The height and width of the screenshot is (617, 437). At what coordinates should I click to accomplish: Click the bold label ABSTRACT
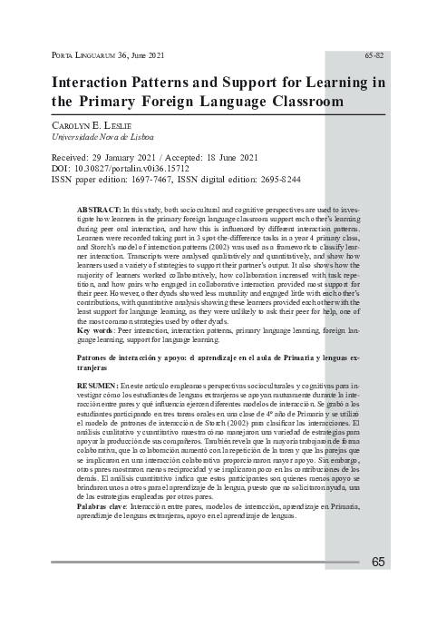pos(101,209)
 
